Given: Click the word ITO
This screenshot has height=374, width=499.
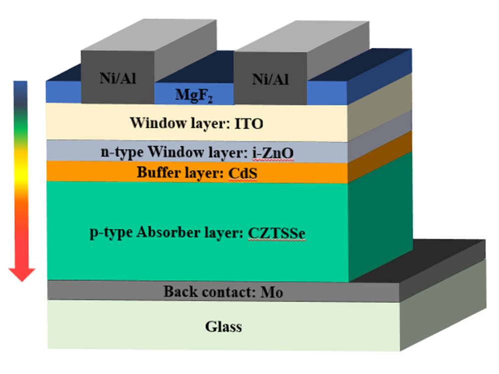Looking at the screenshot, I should [249, 123].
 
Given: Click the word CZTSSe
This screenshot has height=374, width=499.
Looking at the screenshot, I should [276, 233].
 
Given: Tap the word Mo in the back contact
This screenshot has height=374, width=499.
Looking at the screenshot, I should [271, 292].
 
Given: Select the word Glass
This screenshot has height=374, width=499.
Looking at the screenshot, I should [223, 327].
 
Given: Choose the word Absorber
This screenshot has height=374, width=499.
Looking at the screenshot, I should [167, 233].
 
